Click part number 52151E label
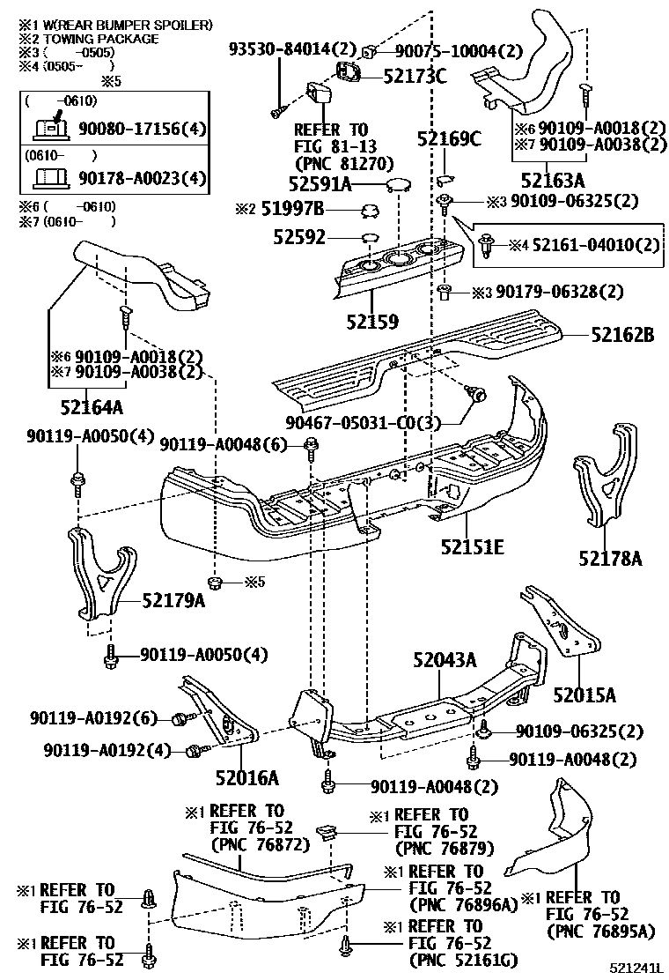pyautogui.click(x=472, y=547)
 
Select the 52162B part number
pyautogui.click(x=622, y=335)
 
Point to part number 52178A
pyautogui.click(x=610, y=557)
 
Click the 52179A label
pyautogui.click(x=173, y=601)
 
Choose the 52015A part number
pyautogui.click(x=584, y=694)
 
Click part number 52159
pyautogui.click(x=372, y=323)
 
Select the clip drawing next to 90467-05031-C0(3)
pyautogui.click(x=481, y=396)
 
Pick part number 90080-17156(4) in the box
pyautogui.click(x=141, y=130)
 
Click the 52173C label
pyautogui.click(x=415, y=76)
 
